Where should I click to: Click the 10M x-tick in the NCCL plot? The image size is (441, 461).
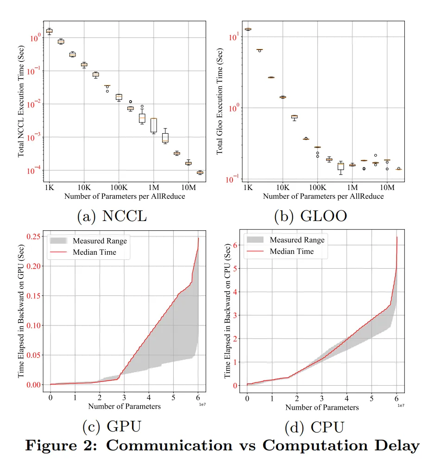[x=188, y=188]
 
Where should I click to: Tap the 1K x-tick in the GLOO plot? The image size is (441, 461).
[x=248, y=188]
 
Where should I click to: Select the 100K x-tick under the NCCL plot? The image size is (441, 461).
[x=119, y=188]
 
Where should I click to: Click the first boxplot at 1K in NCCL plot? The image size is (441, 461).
[x=49, y=31]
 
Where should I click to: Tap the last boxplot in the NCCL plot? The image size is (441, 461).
[x=200, y=172]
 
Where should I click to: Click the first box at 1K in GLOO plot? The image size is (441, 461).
[x=248, y=29]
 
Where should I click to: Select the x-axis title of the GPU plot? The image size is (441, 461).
[x=124, y=406]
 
